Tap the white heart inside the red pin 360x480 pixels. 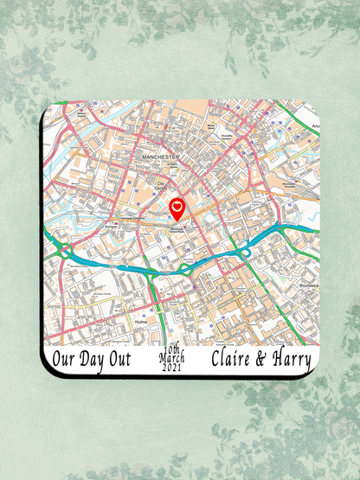tap(177, 206)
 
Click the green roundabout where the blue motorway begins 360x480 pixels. tap(64, 252)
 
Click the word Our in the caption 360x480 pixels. tap(63, 358)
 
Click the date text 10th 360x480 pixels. tap(172, 349)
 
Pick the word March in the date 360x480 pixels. tap(172, 358)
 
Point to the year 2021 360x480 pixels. tap(172, 368)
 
